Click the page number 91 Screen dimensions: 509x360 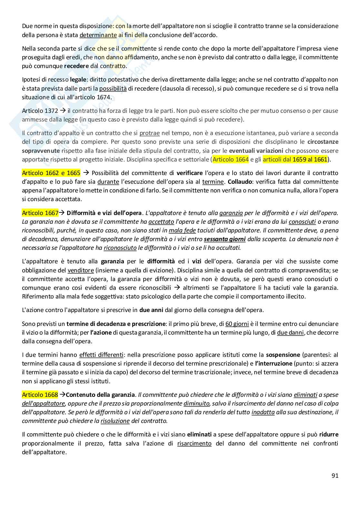(335, 475)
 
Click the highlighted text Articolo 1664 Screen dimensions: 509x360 (231, 159)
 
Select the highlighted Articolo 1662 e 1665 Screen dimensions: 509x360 (51, 173)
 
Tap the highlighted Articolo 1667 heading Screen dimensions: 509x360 (40, 213)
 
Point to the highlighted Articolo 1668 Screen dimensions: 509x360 (40, 395)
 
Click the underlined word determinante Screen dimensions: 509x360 (98, 35)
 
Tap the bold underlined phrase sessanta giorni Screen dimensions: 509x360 (225, 239)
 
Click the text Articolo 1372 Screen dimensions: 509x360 (40, 111)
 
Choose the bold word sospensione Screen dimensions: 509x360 (283, 355)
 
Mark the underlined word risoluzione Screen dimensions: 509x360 (115, 421)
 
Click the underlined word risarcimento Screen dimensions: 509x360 (194, 443)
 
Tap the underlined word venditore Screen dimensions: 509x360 (81, 270)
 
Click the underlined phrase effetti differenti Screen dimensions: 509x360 (101, 355)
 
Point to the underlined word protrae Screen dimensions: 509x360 (149, 133)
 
